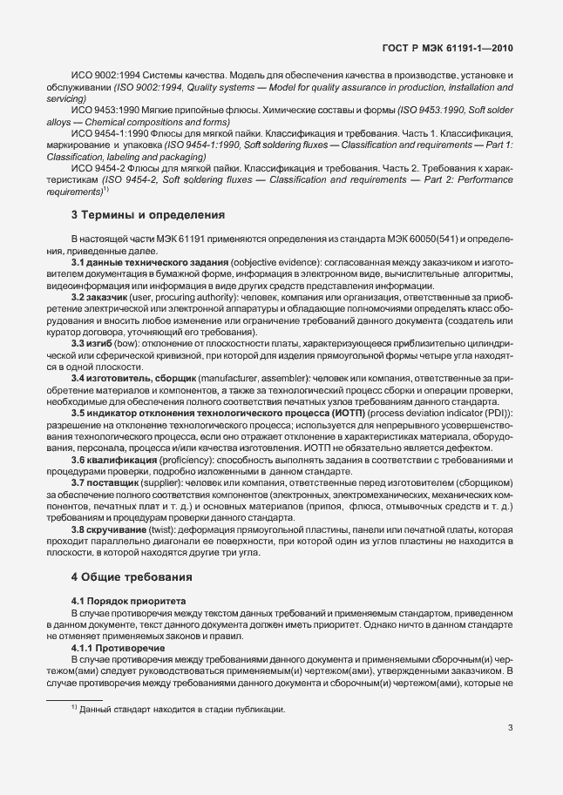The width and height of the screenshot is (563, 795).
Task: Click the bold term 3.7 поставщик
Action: click(x=107, y=483)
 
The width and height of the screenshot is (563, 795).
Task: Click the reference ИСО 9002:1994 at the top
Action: click(x=105, y=76)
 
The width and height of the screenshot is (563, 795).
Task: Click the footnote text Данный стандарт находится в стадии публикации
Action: click(x=183, y=710)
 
